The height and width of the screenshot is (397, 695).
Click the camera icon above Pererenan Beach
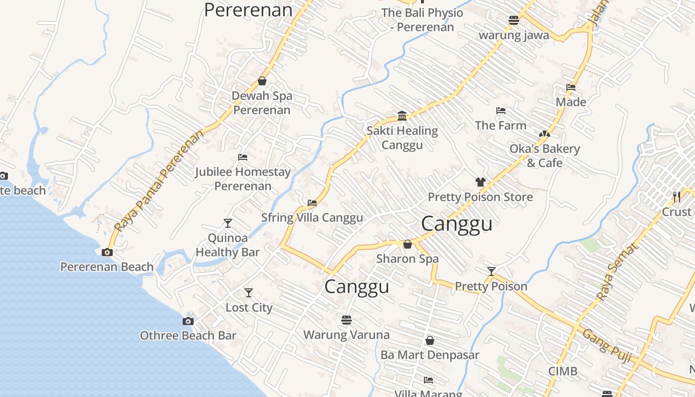point(107,252)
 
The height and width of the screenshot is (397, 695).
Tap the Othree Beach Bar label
point(188,335)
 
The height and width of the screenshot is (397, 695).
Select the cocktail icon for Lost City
point(249,293)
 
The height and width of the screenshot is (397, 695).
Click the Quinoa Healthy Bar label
point(227,245)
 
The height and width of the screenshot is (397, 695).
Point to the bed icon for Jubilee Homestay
point(243,157)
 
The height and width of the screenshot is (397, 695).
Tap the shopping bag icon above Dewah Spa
point(262,81)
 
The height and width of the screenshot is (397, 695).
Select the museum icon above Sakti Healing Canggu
point(402,116)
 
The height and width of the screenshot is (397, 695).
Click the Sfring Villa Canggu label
point(312,218)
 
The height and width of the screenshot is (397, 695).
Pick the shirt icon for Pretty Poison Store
point(480,182)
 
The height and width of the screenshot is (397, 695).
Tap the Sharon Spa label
point(407,259)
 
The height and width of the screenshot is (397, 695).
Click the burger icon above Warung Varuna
point(347,320)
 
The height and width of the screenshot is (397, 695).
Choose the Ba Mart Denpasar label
point(429,355)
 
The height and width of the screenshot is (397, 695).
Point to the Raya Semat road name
point(616,272)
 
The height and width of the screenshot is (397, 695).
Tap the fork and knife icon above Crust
point(677,197)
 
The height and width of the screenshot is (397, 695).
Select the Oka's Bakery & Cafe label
point(545,156)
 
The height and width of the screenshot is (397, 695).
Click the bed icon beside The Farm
point(501,111)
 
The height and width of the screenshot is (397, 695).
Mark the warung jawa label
point(513,35)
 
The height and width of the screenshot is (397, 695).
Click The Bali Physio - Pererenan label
point(422,20)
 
